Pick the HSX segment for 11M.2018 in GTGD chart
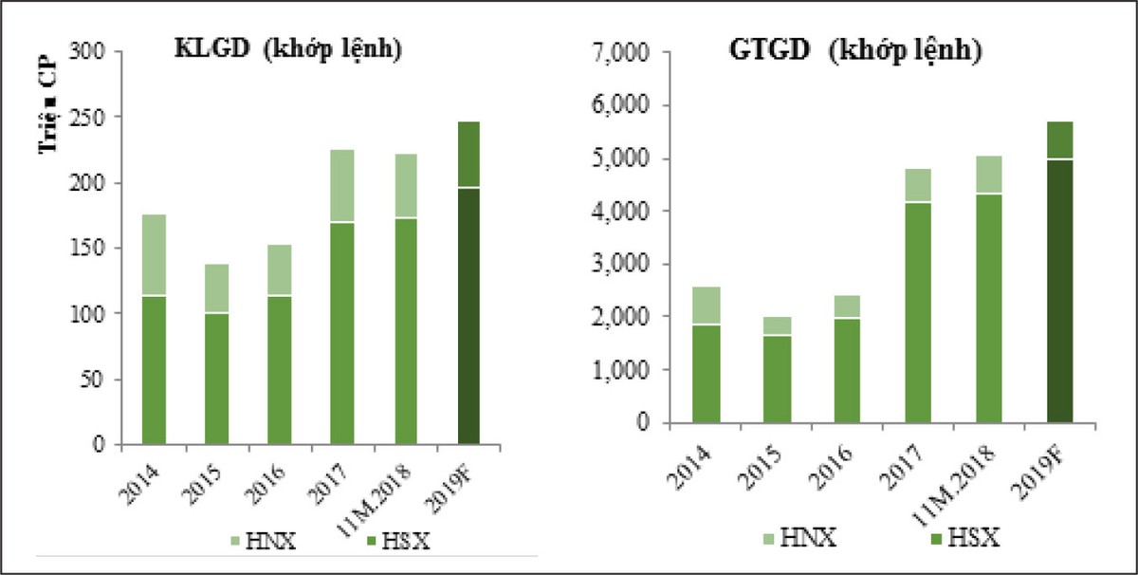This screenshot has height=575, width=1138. pyautogui.click(x=989, y=307)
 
